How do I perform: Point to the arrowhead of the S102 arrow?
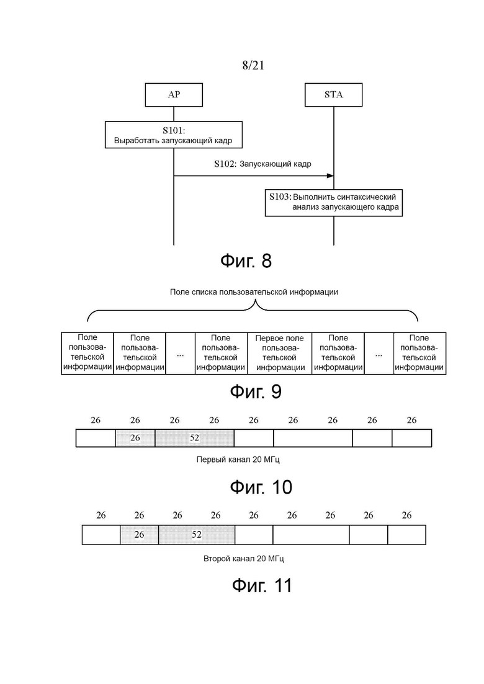pyautogui.click(x=331, y=175)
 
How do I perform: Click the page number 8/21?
pyautogui.click(x=253, y=66)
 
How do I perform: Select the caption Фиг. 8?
pyautogui.click(x=246, y=261)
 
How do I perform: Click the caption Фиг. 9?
pyautogui.click(x=256, y=391)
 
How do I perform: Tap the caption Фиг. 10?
pyautogui.click(x=261, y=487)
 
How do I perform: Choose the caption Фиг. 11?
pyautogui.click(x=261, y=585)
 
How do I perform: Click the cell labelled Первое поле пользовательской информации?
pyautogui.click(x=280, y=353)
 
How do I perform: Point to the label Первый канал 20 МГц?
pyautogui.click(x=238, y=460)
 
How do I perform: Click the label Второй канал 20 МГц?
pyautogui.click(x=243, y=558)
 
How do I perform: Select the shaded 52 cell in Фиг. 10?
pyautogui.click(x=195, y=438)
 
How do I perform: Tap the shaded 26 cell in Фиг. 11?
pyautogui.click(x=139, y=535)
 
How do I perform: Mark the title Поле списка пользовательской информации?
pyautogui.click(x=254, y=292)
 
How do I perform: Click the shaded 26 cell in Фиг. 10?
pyautogui.click(x=135, y=438)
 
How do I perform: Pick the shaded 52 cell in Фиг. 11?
pyautogui.click(x=197, y=535)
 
